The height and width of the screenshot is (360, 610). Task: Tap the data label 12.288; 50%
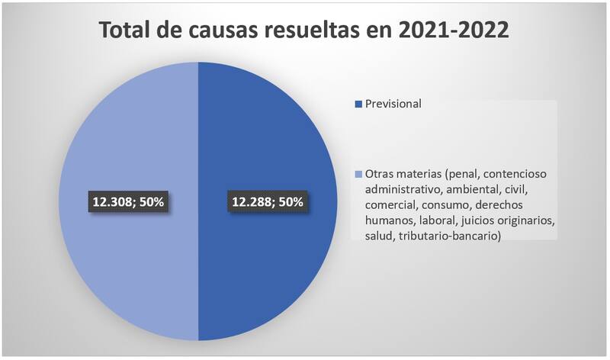tap(267, 202)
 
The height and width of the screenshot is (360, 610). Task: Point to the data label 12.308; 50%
tap(129, 202)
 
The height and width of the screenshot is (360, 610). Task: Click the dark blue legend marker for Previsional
tap(358, 104)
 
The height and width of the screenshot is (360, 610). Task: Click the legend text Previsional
tap(393, 103)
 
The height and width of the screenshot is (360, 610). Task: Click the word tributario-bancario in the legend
tap(450, 239)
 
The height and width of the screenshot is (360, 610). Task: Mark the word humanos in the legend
tap(388, 222)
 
